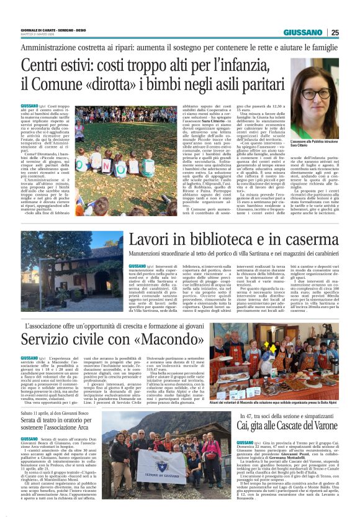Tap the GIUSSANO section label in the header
tap(303, 32)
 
